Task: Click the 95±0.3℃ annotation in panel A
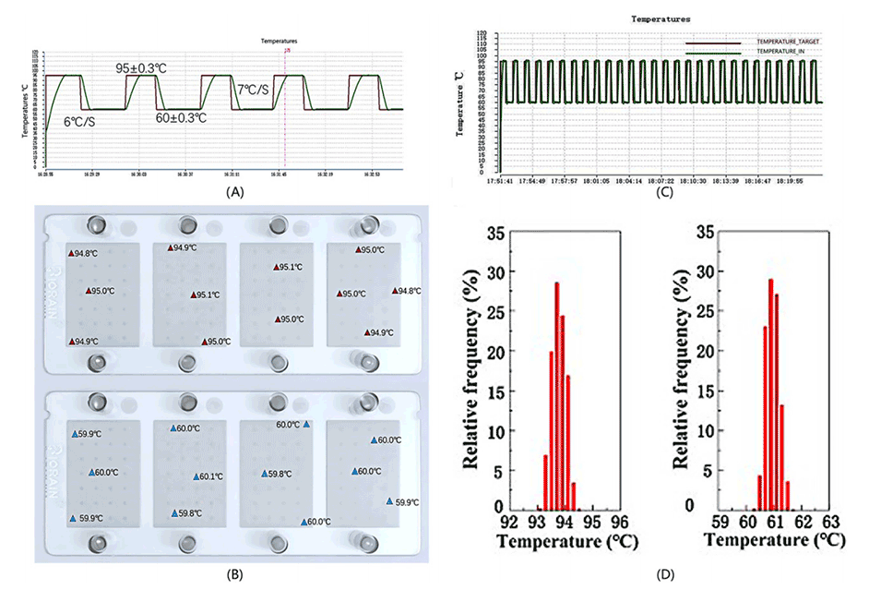(141, 69)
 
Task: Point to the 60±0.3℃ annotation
(180, 118)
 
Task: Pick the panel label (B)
(234, 574)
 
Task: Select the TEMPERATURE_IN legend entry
(780, 54)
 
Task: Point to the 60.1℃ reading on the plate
(208, 477)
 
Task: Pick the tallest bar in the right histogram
(770, 393)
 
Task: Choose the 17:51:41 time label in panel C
(501, 181)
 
